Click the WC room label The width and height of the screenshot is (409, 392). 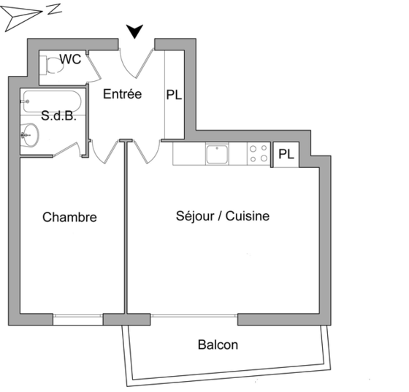click(x=70, y=59)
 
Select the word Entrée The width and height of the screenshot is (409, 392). click(x=123, y=94)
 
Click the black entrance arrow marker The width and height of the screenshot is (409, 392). click(x=134, y=31)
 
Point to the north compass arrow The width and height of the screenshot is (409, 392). click(x=21, y=18)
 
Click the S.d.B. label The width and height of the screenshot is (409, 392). click(x=58, y=115)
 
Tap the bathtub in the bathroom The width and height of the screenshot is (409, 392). click(x=51, y=101)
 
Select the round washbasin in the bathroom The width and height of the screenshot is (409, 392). click(x=30, y=135)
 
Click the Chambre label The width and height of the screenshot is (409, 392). click(x=69, y=217)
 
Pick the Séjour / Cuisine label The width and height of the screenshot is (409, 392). click(x=223, y=216)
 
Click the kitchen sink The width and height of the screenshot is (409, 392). click(x=217, y=154)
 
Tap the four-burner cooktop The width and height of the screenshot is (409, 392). click(x=259, y=154)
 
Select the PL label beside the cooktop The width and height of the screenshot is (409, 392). click(x=286, y=154)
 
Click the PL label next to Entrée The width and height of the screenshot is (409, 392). click(x=174, y=95)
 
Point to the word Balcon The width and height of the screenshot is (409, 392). click(x=218, y=345)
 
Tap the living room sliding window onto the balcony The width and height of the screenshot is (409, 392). click(x=194, y=316)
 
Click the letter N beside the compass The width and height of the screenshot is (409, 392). click(x=54, y=9)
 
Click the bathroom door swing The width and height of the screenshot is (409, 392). click(x=69, y=150)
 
